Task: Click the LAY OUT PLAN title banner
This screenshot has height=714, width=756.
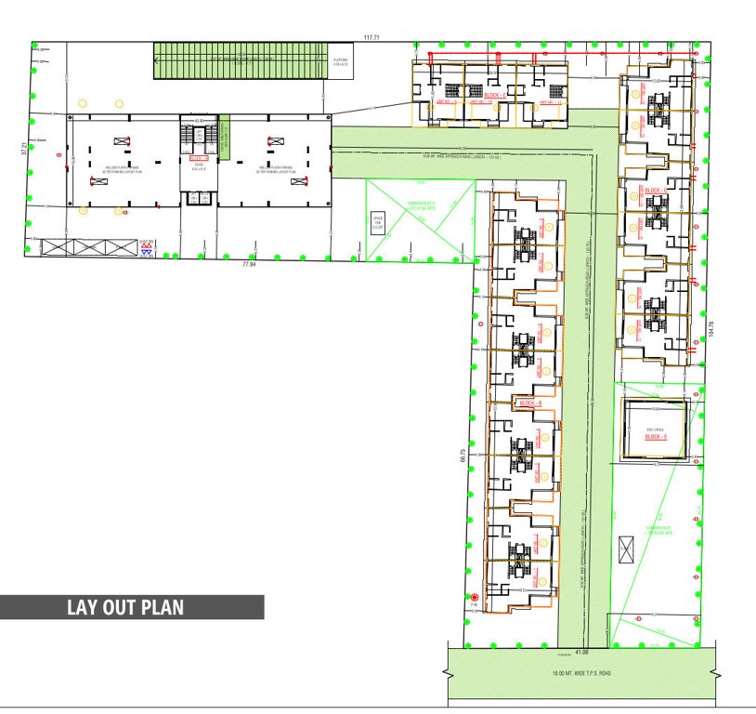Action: (132, 608)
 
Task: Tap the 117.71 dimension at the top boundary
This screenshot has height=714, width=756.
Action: (372, 37)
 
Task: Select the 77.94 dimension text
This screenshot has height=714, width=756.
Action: (248, 264)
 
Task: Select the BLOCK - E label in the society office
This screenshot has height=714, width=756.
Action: (657, 437)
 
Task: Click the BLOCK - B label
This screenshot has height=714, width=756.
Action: (529, 403)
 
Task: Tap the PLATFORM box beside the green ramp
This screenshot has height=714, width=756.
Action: (341, 64)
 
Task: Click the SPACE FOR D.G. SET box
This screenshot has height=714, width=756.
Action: (378, 224)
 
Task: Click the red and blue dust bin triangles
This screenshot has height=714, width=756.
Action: (146, 251)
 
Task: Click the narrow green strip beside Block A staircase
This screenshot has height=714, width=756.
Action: (224, 137)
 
